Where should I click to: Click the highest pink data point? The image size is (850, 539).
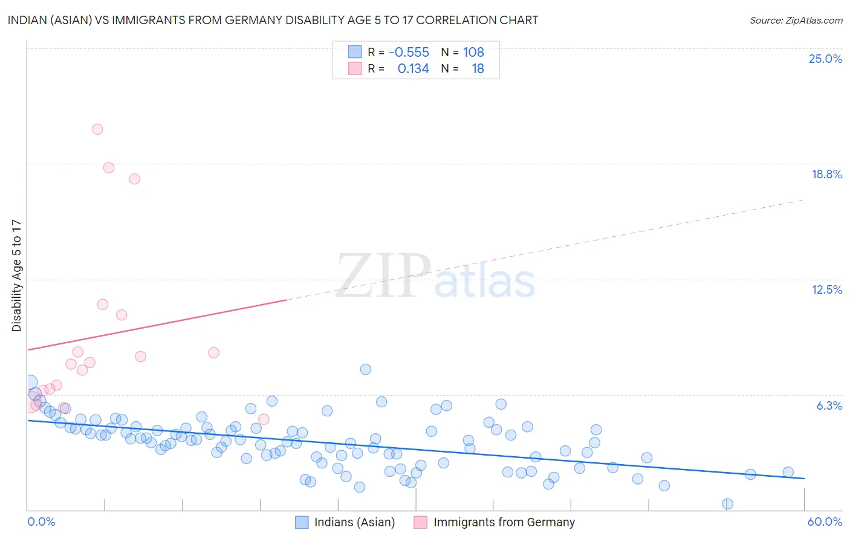point(97,129)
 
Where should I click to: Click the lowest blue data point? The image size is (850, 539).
point(728,504)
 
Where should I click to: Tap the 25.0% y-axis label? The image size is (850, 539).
point(825,59)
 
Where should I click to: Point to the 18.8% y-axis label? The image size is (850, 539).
point(826,174)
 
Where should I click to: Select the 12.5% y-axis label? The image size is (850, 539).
point(826,289)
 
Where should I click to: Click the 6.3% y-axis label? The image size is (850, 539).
point(829,405)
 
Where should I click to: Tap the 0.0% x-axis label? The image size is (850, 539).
point(41,521)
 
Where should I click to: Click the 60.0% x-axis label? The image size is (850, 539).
point(825,521)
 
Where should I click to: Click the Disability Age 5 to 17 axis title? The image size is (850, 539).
point(17,276)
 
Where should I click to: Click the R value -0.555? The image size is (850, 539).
point(409,53)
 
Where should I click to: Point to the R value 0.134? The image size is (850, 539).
point(413,69)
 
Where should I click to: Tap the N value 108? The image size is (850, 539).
point(473,53)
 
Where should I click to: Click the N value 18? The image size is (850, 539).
point(478,69)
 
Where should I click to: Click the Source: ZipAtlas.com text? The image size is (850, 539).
point(796,21)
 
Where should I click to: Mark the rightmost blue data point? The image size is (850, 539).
point(788,473)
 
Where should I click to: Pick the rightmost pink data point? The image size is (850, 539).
point(264,419)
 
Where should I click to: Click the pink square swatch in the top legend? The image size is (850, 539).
point(355,69)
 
